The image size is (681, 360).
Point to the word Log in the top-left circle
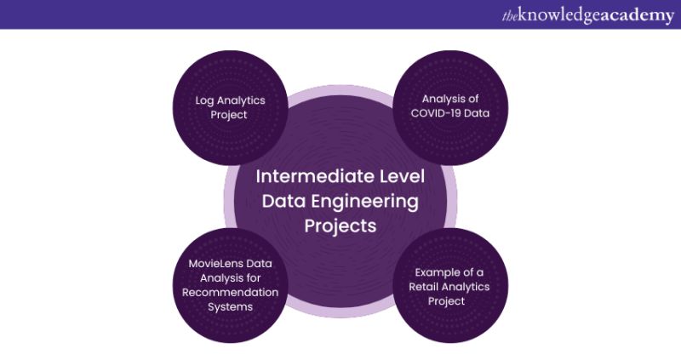203,100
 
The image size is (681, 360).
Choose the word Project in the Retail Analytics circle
451,301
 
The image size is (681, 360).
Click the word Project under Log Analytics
231,114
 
